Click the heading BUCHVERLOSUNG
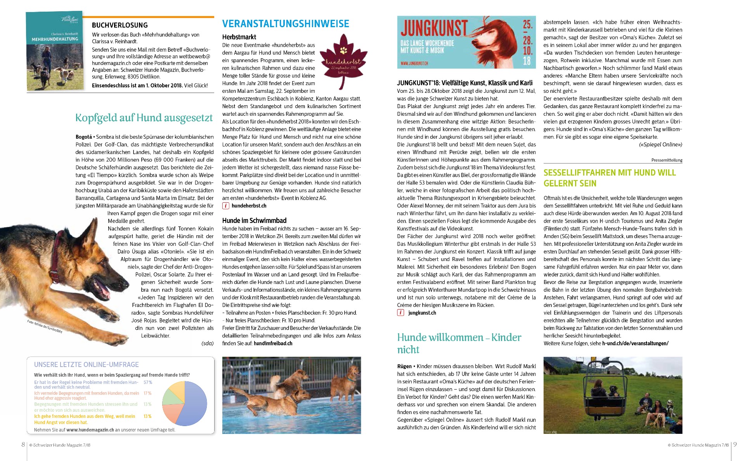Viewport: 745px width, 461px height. coord(120,25)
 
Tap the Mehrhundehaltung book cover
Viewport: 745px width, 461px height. coord(54,51)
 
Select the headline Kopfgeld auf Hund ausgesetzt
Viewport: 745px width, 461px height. coord(144,118)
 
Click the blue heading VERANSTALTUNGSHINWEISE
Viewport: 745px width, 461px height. coord(286,24)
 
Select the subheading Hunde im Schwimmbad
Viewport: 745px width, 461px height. coord(254,220)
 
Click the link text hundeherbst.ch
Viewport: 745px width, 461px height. coord(249,206)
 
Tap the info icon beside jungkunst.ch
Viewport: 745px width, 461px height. coord(401,313)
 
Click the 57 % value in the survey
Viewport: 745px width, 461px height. coord(148,382)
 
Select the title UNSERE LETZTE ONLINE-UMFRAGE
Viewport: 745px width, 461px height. coord(86,364)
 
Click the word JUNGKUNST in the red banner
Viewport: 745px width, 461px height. coord(434,28)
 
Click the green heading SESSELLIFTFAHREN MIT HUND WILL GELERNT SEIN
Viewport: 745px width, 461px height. coord(610,178)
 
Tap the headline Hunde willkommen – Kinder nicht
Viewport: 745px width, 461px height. coord(459,343)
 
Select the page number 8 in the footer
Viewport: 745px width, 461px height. coord(23,445)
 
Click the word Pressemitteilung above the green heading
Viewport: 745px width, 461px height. coord(667,160)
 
